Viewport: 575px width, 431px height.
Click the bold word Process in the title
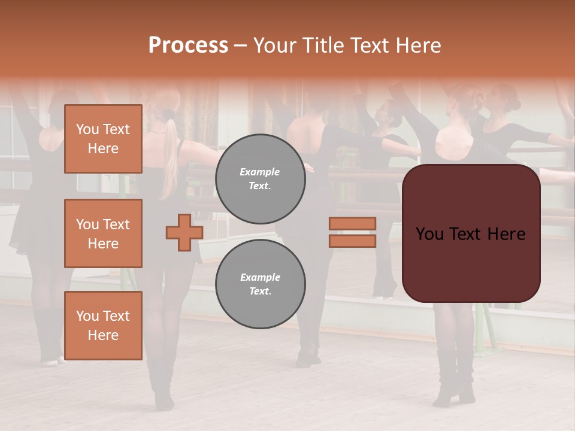point(188,45)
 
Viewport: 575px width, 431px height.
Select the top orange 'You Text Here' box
point(103,139)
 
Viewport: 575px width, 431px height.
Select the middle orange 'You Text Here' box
point(103,233)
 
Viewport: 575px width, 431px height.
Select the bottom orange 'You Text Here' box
point(103,326)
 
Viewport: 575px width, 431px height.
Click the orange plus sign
point(184,232)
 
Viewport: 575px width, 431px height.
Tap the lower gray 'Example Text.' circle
point(260,284)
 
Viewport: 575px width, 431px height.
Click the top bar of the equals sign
point(352,223)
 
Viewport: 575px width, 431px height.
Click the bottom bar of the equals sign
point(352,241)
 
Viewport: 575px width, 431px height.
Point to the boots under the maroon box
point(454,377)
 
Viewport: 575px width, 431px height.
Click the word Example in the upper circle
point(260,172)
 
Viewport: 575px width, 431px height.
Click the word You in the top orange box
point(87,129)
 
